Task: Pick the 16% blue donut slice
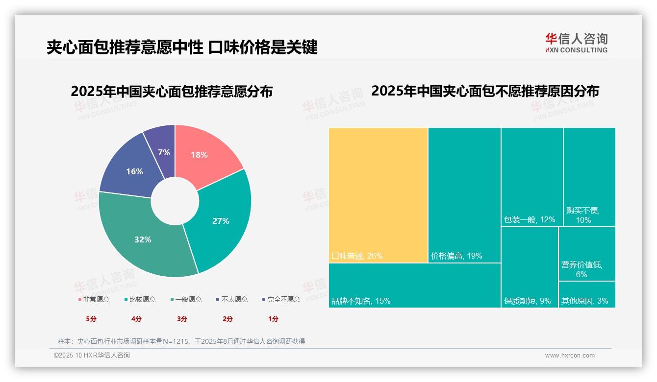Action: click(133, 171)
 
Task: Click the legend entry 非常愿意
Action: click(94, 299)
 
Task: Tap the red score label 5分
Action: click(91, 319)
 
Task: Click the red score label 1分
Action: click(273, 319)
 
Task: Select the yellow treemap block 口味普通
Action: click(378, 195)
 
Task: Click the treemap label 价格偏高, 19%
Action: click(456, 256)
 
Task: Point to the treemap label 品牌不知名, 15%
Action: click(361, 301)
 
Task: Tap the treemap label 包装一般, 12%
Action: click(530, 220)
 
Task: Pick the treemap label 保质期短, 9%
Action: click(527, 301)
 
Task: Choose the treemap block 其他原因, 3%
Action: click(586, 295)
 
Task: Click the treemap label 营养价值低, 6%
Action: click(581, 269)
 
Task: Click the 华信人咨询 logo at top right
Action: click(576, 43)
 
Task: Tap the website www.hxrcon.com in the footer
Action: click(570, 356)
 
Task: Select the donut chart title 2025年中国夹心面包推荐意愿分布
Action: click(172, 92)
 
